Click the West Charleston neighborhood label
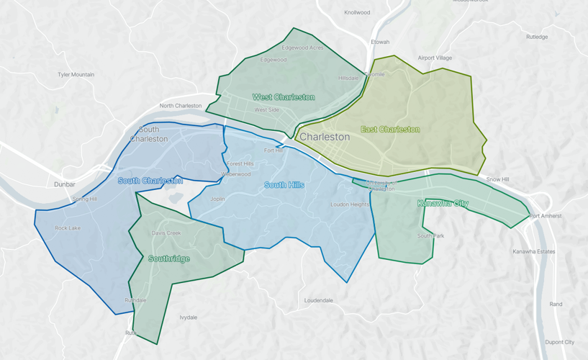coord(283,97)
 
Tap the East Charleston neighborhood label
coord(390,130)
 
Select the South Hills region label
coord(284,185)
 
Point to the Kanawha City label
coord(443,204)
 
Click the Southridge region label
coord(168,258)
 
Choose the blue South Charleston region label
coord(150,181)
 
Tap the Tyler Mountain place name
coord(76,75)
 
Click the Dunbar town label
coord(64,184)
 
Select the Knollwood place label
coord(357,12)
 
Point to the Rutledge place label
coord(536,37)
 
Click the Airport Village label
coord(435,58)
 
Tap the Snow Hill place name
coord(497,179)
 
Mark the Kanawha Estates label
coord(533,251)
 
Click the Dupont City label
coord(559,342)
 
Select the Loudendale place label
coord(318,300)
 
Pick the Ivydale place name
coord(188,317)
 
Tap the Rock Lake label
coord(68,228)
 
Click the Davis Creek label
coord(166,233)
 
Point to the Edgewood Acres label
coord(302,48)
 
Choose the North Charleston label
coord(181,106)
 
